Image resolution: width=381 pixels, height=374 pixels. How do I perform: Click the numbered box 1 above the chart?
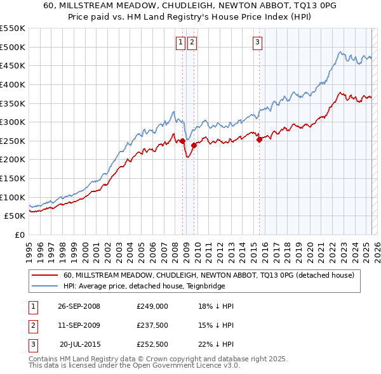point(180,42)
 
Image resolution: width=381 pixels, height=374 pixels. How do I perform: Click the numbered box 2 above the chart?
point(192,42)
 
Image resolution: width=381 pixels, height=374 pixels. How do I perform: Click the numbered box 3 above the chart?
point(257,42)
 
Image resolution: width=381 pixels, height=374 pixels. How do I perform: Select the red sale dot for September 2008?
point(183,141)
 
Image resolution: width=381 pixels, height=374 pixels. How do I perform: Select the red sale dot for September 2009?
point(194,145)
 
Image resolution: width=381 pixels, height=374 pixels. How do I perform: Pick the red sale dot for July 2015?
point(259,139)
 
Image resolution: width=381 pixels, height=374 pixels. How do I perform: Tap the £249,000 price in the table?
point(152,306)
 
